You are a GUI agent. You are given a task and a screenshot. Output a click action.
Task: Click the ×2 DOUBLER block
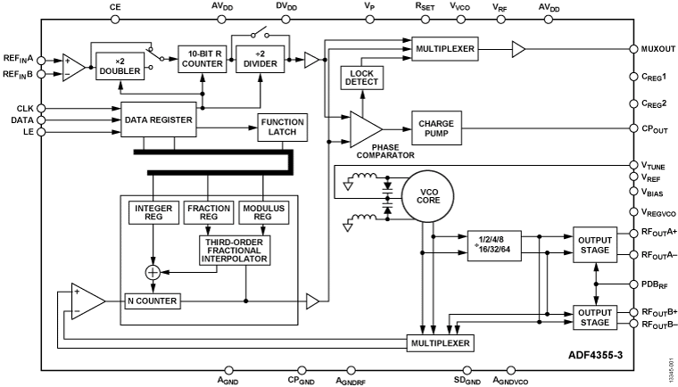click(120, 65)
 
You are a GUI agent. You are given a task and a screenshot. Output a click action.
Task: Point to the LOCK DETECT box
click(361, 78)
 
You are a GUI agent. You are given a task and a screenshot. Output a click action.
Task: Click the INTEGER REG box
click(153, 213)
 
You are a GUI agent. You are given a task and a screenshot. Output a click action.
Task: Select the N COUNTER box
click(153, 301)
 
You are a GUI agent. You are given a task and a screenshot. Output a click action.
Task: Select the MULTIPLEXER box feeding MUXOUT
click(443, 46)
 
